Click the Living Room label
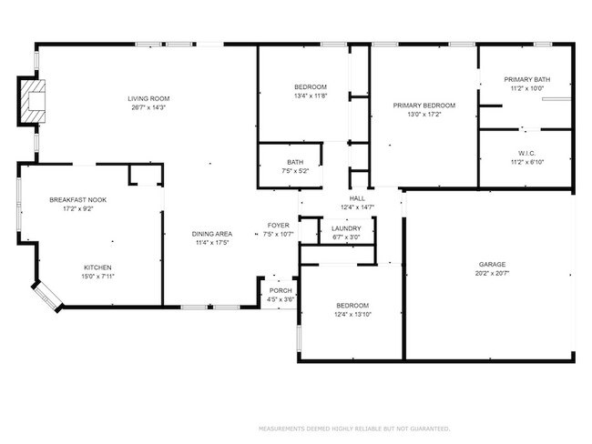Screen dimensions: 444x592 148,98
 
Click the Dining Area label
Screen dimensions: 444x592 209,234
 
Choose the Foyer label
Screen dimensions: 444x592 278,225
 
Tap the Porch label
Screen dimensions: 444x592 280,290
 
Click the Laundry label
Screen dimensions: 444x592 346,228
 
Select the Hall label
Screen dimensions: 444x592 358,198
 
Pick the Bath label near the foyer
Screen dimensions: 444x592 282,162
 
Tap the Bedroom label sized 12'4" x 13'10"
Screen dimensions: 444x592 352,305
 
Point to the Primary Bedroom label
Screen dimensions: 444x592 424,106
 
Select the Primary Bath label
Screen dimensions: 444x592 527,79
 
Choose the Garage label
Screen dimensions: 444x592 492,265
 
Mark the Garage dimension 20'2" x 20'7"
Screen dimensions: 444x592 492,274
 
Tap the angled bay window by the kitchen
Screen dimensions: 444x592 46,295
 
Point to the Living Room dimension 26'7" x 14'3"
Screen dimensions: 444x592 148,107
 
